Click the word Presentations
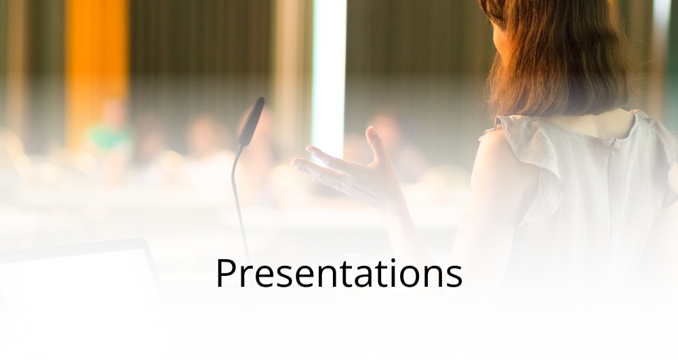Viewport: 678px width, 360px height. (x=339, y=273)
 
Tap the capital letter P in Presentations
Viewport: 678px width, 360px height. (x=226, y=273)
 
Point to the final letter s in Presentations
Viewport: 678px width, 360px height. (x=454, y=277)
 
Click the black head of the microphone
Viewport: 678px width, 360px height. (x=252, y=121)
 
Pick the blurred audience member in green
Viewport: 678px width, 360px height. (x=109, y=129)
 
